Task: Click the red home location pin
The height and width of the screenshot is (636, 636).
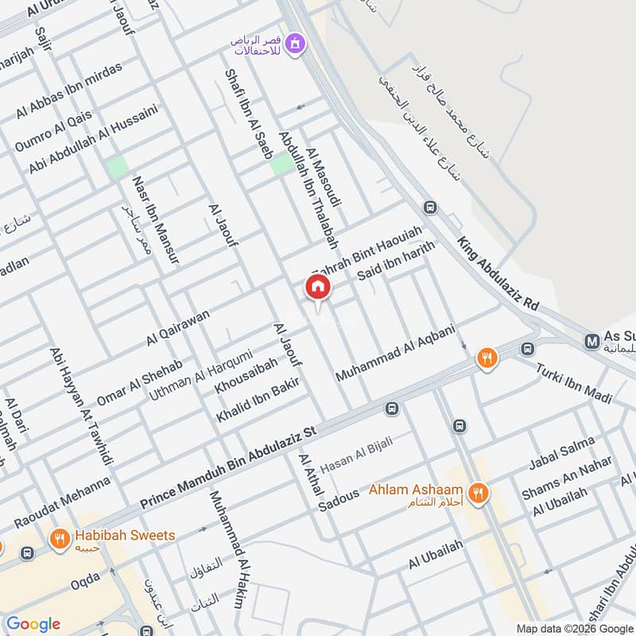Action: click(x=318, y=288)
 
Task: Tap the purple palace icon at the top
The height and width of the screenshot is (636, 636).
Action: click(x=296, y=43)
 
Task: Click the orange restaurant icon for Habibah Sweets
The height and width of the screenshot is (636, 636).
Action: click(x=58, y=540)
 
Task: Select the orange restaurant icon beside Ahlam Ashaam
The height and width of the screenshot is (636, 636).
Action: click(x=478, y=494)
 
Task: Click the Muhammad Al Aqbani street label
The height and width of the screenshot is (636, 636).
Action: click(x=395, y=352)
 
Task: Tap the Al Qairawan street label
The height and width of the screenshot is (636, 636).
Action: click(x=178, y=327)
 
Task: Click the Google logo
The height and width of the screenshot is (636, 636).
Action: click(x=33, y=624)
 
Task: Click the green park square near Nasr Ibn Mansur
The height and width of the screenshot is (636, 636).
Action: click(x=117, y=167)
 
